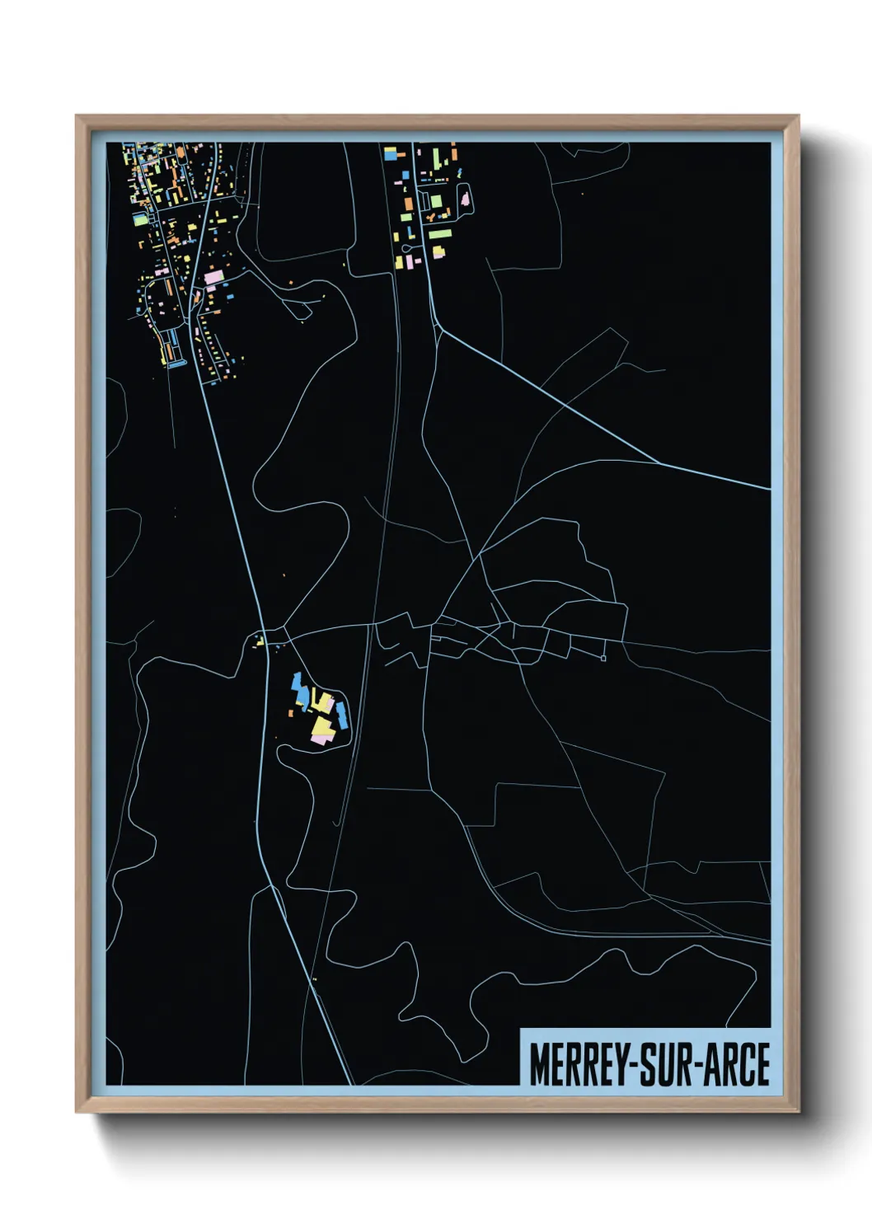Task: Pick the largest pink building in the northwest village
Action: [x=213, y=278]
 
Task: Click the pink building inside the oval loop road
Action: [x=465, y=199]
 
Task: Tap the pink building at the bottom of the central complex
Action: [x=319, y=739]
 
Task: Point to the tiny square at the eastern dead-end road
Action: [x=603, y=658]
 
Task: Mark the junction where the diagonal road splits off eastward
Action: [x=439, y=330]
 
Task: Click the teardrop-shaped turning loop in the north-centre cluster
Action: [x=465, y=199]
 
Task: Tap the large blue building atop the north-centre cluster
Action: [x=390, y=152]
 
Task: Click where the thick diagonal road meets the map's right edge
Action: [x=769, y=490]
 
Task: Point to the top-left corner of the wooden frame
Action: [x=77, y=118]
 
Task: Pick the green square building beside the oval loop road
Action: [x=435, y=200]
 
